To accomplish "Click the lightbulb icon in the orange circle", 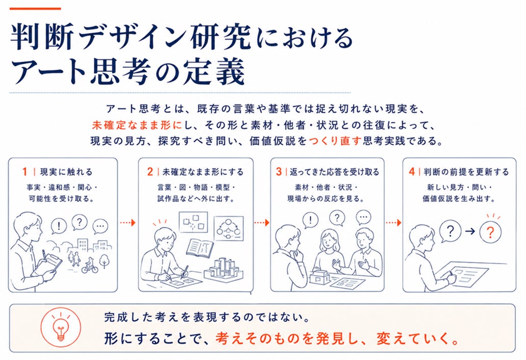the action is click(61, 327).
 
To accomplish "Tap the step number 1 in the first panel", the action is click(24, 172).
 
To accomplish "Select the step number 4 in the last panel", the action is click(412, 172).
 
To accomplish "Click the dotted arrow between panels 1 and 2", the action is click(128, 222).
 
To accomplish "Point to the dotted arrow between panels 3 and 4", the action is click(393, 222).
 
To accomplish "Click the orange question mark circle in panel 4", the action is click(490, 232).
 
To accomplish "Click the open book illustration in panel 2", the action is click(200, 248).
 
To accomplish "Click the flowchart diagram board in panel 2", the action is click(229, 228).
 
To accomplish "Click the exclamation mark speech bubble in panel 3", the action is click(310, 220).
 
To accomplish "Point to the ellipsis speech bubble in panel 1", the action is click(101, 226).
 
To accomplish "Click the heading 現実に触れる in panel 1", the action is click(66, 172).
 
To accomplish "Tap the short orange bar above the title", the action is click(35, 9).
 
